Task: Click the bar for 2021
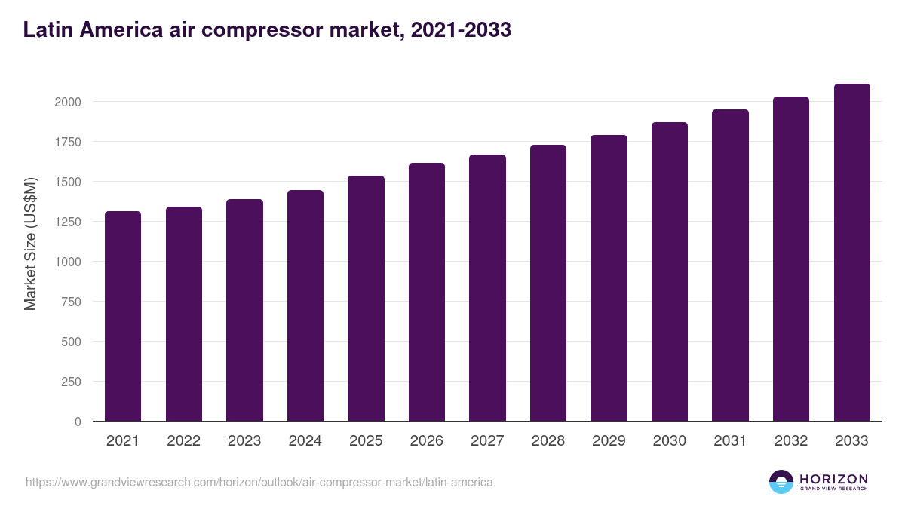coord(123,316)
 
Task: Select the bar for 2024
coord(305,305)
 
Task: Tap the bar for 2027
coord(487,287)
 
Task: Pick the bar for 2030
coord(670,271)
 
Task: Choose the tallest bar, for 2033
coord(851,252)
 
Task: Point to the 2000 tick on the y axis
coord(67,102)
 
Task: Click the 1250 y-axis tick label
coord(67,222)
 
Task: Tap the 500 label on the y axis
coord(71,342)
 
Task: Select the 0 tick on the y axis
coord(78,422)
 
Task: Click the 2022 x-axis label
coord(183,441)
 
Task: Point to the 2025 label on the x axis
coord(366,441)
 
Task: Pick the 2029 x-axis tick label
coord(609,441)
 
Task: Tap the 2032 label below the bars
coord(791,441)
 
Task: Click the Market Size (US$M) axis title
coord(30,244)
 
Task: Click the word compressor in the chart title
coord(275,30)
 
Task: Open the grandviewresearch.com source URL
coord(259,482)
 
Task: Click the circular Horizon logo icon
coord(781,482)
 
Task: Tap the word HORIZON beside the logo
coord(833,478)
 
